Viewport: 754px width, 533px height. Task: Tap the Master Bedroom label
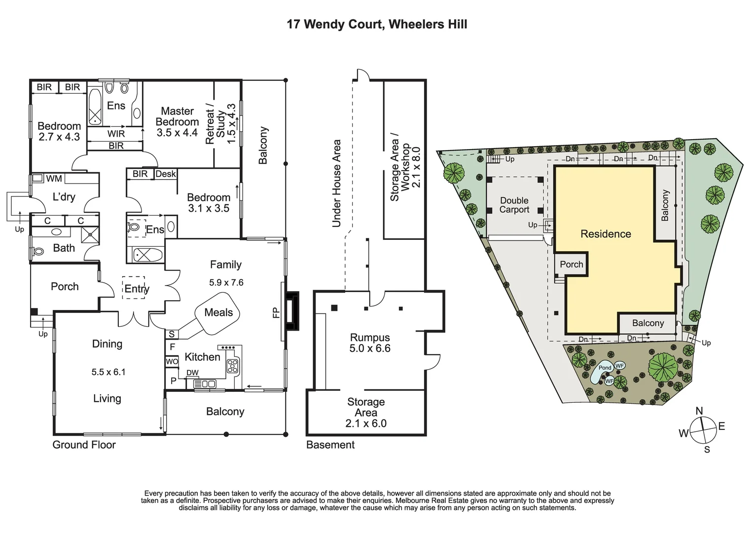(x=177, y=116)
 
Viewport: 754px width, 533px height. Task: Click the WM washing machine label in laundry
(x=54, y=178)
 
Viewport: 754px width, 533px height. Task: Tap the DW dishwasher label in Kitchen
(x=192, y=373)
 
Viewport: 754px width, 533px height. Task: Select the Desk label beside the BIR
(x=165, y=174)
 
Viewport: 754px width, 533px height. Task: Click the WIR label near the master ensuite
(x=116, y=133)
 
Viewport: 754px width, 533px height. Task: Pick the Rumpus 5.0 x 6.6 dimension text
(x=370, y=348)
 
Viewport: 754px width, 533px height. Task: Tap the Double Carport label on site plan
(x=514, y=205)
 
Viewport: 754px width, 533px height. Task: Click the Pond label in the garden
(x=605, y=368)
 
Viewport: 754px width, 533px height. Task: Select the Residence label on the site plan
(x=606, y=234)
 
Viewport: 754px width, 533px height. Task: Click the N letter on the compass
(x=699, y=411)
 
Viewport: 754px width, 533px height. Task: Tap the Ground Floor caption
(x=84, y=445)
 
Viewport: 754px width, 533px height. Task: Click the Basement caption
(x=330, y=445)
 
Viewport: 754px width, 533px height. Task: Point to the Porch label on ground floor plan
(x=65, y=286)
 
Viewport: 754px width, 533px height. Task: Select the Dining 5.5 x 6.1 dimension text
(x=108, y=372)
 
